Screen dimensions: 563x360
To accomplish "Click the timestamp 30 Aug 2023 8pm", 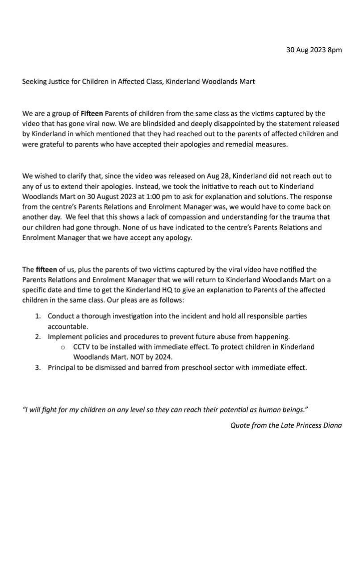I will [314, 50].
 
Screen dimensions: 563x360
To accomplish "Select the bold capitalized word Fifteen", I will [92, 113].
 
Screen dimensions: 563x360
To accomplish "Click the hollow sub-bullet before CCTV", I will [63, 347].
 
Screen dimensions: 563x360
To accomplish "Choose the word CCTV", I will [82, 347].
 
